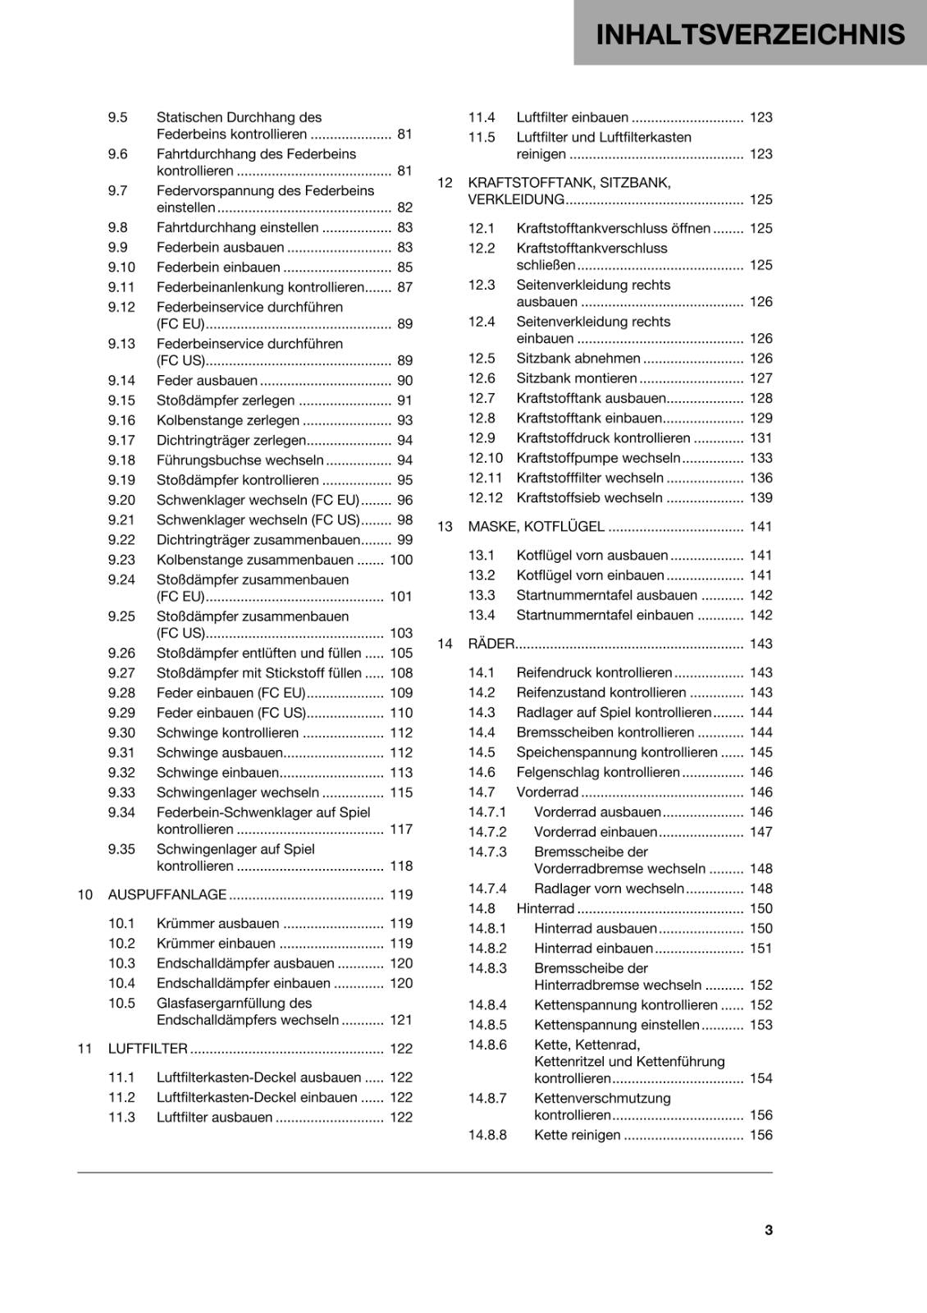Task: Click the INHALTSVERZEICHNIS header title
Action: click(x=750, y=34)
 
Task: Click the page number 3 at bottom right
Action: click(x=768, y=1229)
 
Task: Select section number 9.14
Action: click(x=121, y=380)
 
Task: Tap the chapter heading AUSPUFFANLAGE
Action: click(x=167, y=894)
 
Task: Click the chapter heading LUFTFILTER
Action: click(x=148, y=1048)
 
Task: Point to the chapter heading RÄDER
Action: click(x=491, y=643)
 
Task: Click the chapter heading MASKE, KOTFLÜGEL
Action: click(x=536, y=526)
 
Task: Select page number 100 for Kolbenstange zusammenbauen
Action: click(x=401, y=560)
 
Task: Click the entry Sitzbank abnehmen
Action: click(x=578, y=358)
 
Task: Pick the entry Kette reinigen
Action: click(x=577, y=1135)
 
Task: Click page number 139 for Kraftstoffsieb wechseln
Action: click(x=760, y=497)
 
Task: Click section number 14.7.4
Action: click(x=487, y=888)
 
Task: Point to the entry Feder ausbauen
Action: click(x=207, y=380)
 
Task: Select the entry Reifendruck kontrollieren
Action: click(x=594, y=672)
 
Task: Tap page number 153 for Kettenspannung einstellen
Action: click(x=760, y=1024)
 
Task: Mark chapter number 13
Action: click(x=445, y=526)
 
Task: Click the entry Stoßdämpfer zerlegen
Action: click(x=226, y=400)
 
